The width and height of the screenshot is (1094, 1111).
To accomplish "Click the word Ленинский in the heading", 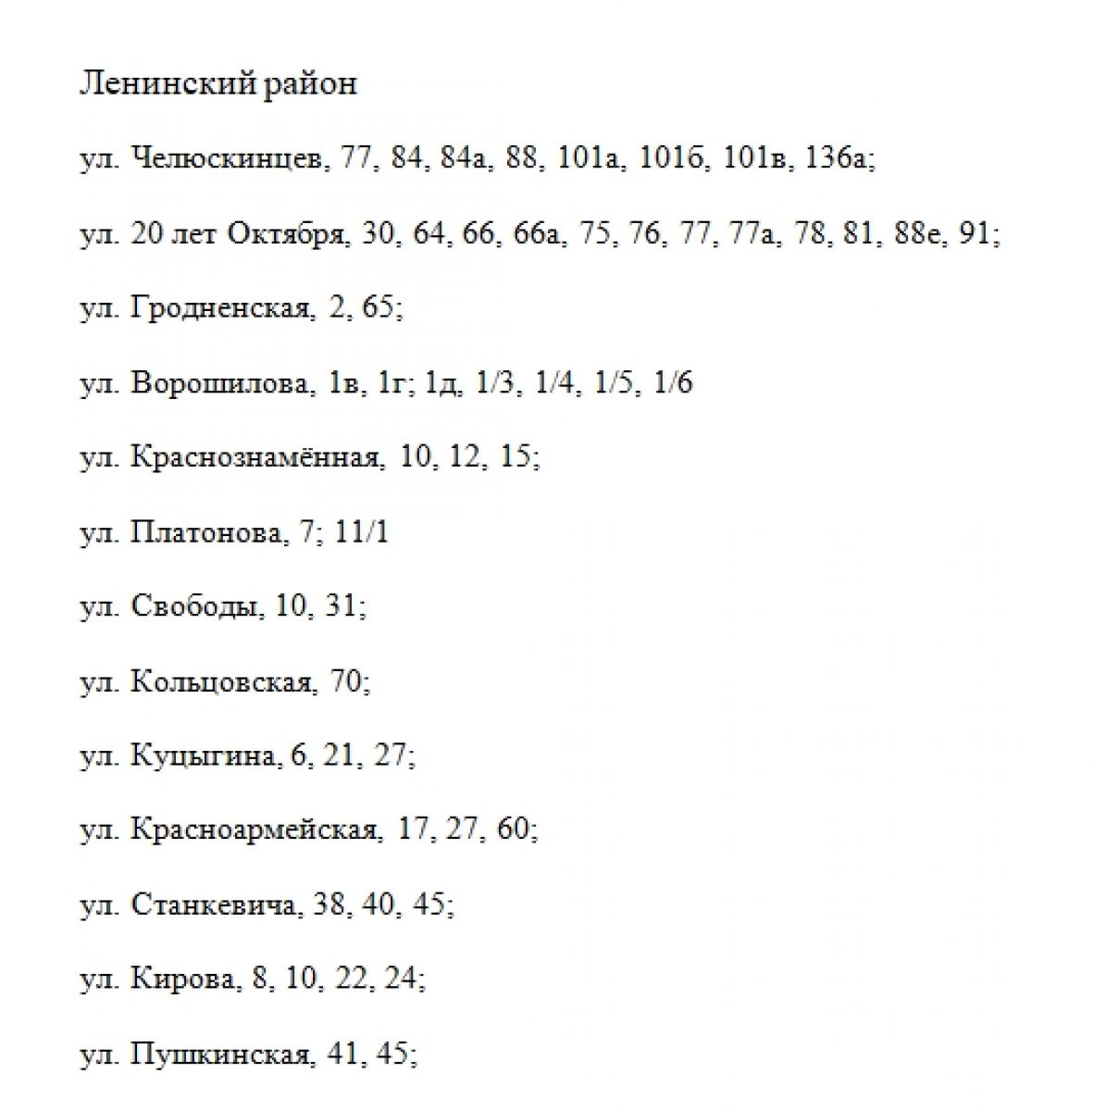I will (x=167, y=84).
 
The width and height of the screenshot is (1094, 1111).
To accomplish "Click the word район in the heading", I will (x=310, y=84).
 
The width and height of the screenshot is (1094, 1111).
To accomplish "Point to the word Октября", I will (x=287, y=233).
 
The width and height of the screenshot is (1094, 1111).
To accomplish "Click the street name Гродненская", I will (x=221, y=308).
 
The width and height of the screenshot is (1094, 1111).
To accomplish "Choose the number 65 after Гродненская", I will (x=378, y=308).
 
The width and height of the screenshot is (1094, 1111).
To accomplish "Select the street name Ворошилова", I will (x=221, y=383).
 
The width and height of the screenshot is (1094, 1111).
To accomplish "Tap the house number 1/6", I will (x=673, y=383).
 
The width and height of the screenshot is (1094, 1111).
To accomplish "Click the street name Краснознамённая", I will (x=255, y=457).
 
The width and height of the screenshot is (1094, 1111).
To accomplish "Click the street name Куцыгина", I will (x=204, y=756).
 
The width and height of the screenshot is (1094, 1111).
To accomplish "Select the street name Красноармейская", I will (x=255, y=830).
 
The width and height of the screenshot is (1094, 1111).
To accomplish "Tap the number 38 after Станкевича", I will (x=329, y=905).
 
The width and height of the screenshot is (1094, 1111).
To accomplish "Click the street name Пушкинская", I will (x=220, y=1054).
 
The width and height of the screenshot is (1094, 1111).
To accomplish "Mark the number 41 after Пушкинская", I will (x=342, y=1054).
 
